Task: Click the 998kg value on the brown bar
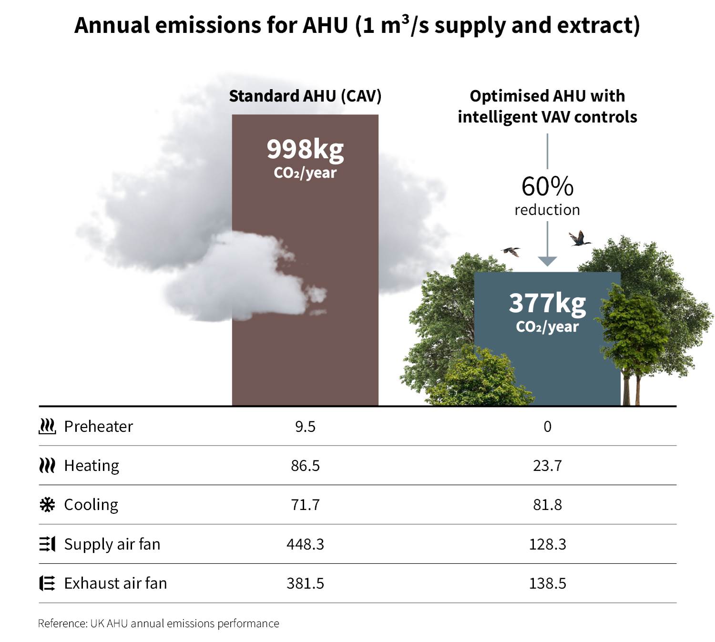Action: coord(305,149)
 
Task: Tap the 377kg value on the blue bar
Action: coord(547,303)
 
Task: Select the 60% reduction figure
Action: coord(547,186)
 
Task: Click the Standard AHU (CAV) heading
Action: coord(305,96)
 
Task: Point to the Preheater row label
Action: coord(98,426)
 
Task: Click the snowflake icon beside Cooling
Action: coord(47,505)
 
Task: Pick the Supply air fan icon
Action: coord(47,544)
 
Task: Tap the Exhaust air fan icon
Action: coord(47,583)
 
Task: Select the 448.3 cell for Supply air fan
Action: coord(305,544)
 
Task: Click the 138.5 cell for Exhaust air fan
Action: coord(547,583)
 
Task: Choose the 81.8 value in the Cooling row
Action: coord(547,505)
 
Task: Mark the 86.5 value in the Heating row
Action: coord(305,466)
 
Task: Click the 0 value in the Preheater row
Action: coord(547,427)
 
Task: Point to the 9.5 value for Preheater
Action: coord(305,427)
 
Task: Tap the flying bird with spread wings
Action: coord(579,238)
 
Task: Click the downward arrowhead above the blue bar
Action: coord(547,261)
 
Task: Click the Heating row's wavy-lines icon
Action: coord(47,466)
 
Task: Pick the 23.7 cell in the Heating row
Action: coord(547,466)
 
